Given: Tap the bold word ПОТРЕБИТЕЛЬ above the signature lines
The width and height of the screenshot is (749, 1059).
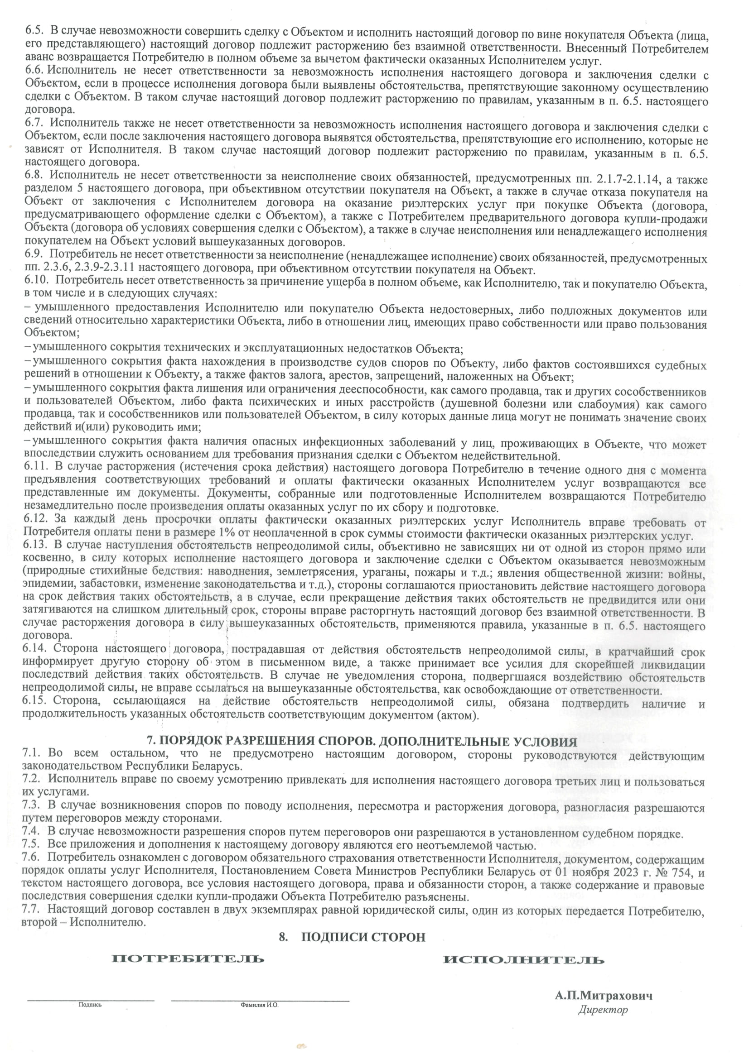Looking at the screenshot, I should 188,958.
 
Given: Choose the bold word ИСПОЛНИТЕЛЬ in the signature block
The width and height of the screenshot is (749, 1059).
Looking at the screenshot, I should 523,960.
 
